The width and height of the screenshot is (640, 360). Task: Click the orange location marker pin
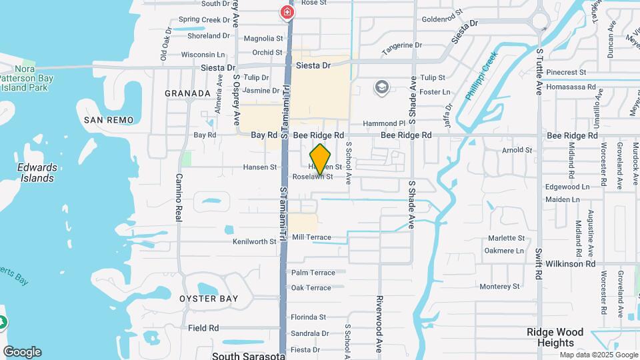coord(321,159)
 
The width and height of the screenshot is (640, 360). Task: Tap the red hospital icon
coord(287,12)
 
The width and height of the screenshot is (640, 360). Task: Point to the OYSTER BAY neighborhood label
coord(209,299)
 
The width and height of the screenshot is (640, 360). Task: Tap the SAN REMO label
coord(109,120)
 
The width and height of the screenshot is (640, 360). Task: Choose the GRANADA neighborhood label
coord(187,93)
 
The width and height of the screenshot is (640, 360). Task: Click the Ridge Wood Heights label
coord(555,337)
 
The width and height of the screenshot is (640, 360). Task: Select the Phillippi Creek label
coord(481,77)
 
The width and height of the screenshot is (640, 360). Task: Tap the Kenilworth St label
coord(254,241)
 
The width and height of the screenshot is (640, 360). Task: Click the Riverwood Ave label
coord(379,323)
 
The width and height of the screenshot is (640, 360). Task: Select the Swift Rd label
coord(539,264)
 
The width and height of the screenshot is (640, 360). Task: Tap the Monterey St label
coord(499,287)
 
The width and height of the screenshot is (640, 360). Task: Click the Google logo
coord(22,352)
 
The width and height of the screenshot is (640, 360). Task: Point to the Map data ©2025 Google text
coord(598,355)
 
